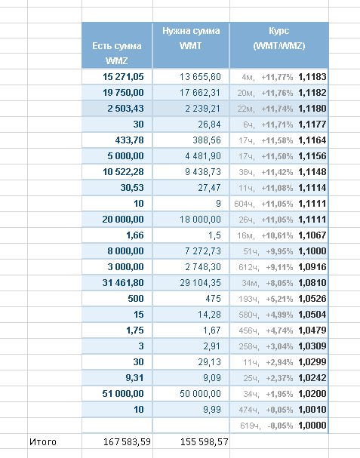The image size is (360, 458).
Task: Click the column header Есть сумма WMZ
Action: (x=117, y=53)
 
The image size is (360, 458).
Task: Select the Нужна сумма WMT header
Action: (x=191, y=38)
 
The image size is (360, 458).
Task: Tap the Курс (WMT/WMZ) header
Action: (x=279, y=38)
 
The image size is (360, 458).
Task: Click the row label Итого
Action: (x=43, y=441)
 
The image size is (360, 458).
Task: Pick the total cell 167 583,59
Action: (x=127, y=441)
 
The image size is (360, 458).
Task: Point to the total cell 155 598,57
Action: (x=205, y=441)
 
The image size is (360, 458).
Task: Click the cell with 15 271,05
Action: (x=123, y=77)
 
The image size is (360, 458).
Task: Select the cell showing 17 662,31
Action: (x=200, y=93)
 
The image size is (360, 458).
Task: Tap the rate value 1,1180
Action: (x=312, y=109)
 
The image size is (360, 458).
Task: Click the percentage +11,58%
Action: (x=277, y=140)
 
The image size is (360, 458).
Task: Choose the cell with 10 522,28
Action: (x=123, y=172)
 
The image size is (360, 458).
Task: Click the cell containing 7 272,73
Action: (x=203, y=251)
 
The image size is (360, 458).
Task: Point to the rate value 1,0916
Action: (x=312, y=266)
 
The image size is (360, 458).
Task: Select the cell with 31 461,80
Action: (x=123, y=283)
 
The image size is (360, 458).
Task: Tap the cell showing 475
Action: (x=213, y=299)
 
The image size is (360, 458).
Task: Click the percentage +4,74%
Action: (x=279, y=330)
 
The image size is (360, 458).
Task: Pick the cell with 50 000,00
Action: (x=200, y=393)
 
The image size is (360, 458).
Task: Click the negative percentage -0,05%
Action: (x=280, y=426)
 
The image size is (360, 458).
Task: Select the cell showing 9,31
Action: (x=134, y=378)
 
